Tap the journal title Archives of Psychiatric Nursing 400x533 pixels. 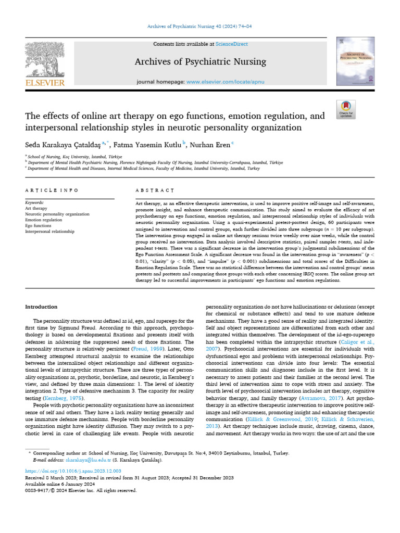200,62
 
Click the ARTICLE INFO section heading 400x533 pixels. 52,191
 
